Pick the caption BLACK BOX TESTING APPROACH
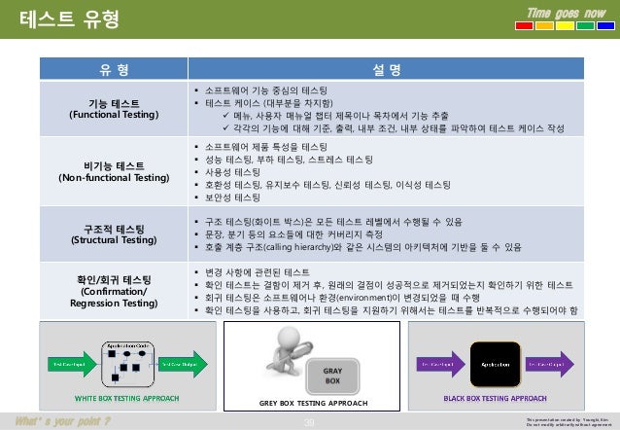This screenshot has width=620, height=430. click(x=495, y=399)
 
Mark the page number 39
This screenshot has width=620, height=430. click(x=310, y=420)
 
